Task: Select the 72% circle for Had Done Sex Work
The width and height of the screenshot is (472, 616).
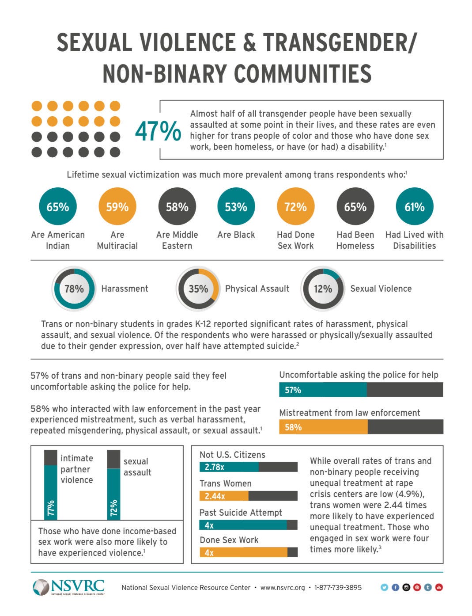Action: coord(295,207)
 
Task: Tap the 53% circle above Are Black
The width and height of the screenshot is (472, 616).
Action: coord(236,207)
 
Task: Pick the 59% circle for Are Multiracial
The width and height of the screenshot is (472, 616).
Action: coord(117,207)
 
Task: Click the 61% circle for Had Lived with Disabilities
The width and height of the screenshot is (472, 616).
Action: coord(414,207)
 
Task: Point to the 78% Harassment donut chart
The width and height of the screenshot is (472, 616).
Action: coord(74,289)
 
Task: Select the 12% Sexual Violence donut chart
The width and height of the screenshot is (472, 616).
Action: coord(322,289)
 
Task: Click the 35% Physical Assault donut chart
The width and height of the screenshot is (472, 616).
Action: coord(198,289)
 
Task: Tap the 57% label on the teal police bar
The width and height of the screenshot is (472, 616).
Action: coord(293,390)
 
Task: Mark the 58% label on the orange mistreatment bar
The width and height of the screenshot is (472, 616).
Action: coord(293,427)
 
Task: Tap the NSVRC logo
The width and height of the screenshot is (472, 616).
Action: coord(69,587)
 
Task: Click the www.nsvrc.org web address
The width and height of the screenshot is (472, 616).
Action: coord(283,588)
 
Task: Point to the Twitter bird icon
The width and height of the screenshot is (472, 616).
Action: coord(384,587)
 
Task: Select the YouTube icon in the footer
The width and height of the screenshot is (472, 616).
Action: coord(439,587)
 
